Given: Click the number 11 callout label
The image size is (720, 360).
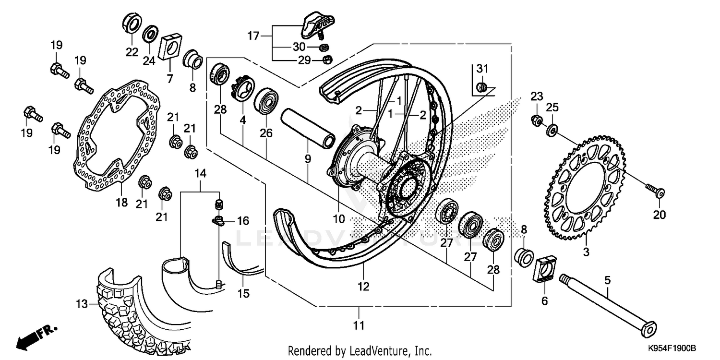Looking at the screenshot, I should (358, 326).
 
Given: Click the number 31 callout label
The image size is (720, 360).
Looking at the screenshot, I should (481, 69).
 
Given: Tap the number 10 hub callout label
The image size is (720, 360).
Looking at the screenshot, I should (339, 219).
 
